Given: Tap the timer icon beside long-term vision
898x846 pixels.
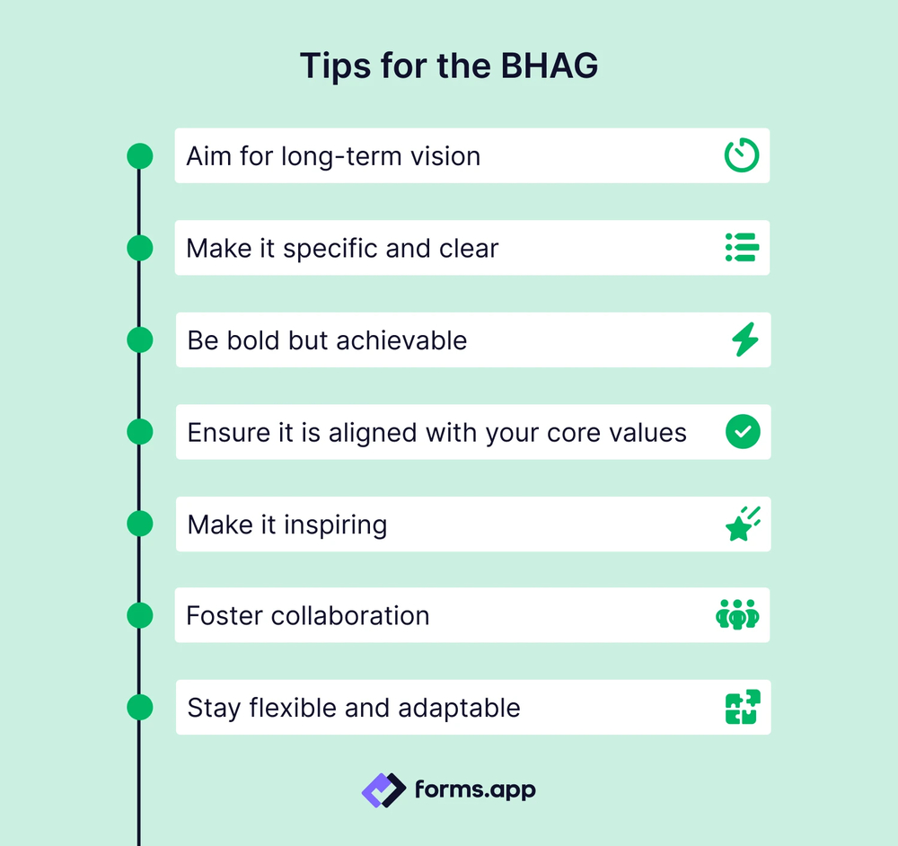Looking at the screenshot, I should pos(742,155).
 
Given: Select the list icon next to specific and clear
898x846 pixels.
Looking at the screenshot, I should pos(742,247).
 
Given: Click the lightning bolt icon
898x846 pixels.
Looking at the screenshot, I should pos(744,339).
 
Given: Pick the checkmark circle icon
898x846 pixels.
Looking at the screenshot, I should pos(743,432).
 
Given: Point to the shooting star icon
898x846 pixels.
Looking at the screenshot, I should pos(743,524).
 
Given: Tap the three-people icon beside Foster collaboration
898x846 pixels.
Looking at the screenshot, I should pos(737,616).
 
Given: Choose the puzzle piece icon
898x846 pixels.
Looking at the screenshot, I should pos(743,707).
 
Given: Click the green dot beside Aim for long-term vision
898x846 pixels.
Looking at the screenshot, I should pos(139,155).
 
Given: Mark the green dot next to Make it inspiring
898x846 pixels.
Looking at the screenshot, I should pos(139,524).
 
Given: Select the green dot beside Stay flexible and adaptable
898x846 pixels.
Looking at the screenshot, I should pos(139,707).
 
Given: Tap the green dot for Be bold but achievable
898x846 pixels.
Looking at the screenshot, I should pos(139,339).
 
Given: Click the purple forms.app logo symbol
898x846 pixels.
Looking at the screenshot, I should pos(384,790).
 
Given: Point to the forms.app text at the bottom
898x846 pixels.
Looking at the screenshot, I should pos(475,790).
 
